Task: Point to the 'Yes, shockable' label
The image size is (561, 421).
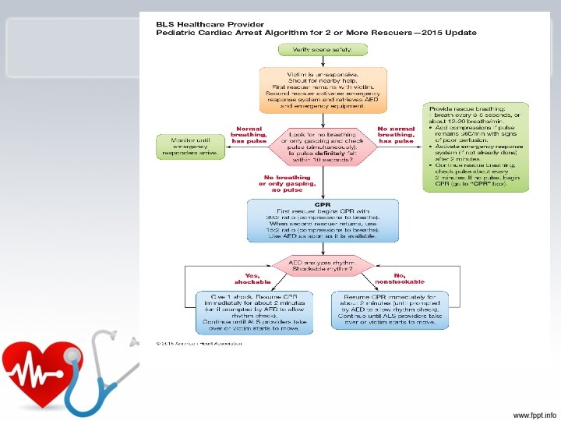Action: point(252,278)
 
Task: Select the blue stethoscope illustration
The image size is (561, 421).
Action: point(93,366)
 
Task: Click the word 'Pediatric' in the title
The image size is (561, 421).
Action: point(175,33)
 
